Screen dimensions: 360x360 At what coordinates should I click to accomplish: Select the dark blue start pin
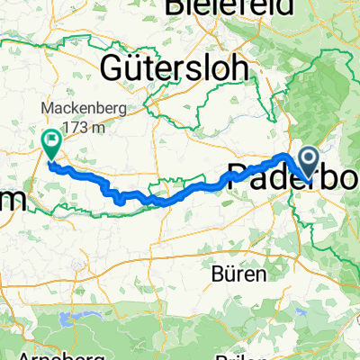click(x=308, y=162)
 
